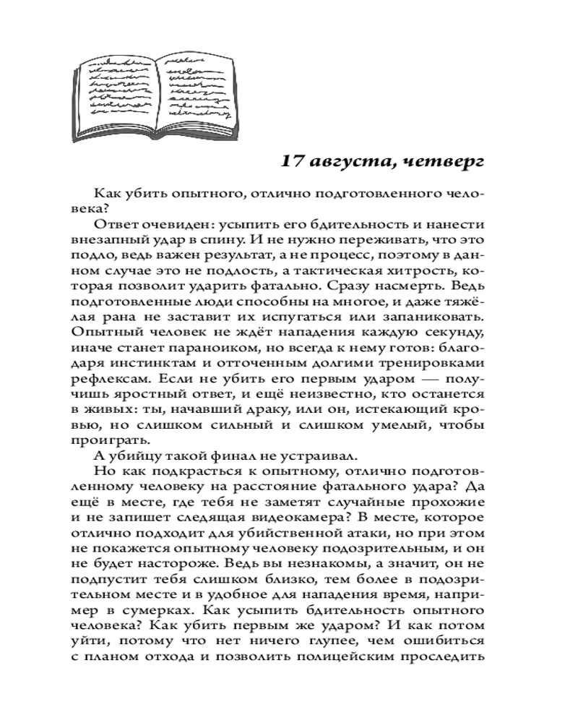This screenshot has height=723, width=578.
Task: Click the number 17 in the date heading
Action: (x=293, y=161)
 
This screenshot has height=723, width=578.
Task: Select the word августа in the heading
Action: (x=352, y=161)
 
